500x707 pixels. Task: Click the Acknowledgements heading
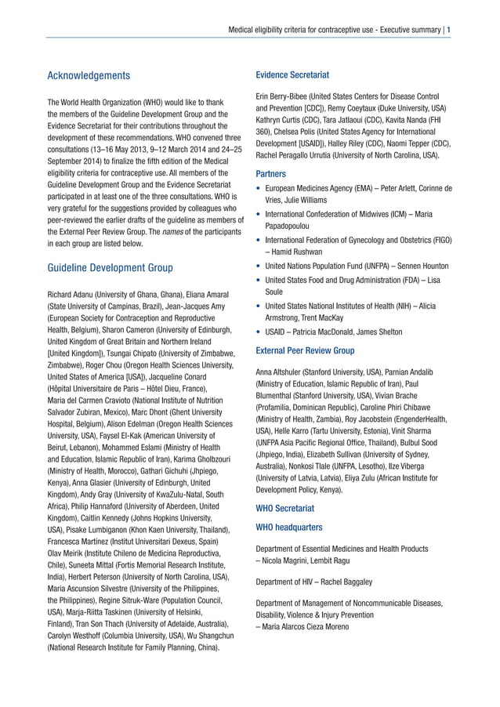(89, 76)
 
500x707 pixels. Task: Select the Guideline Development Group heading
(111, 268)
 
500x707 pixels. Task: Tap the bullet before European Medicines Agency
(259, 190)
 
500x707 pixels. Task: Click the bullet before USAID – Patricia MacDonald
(259, 332)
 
